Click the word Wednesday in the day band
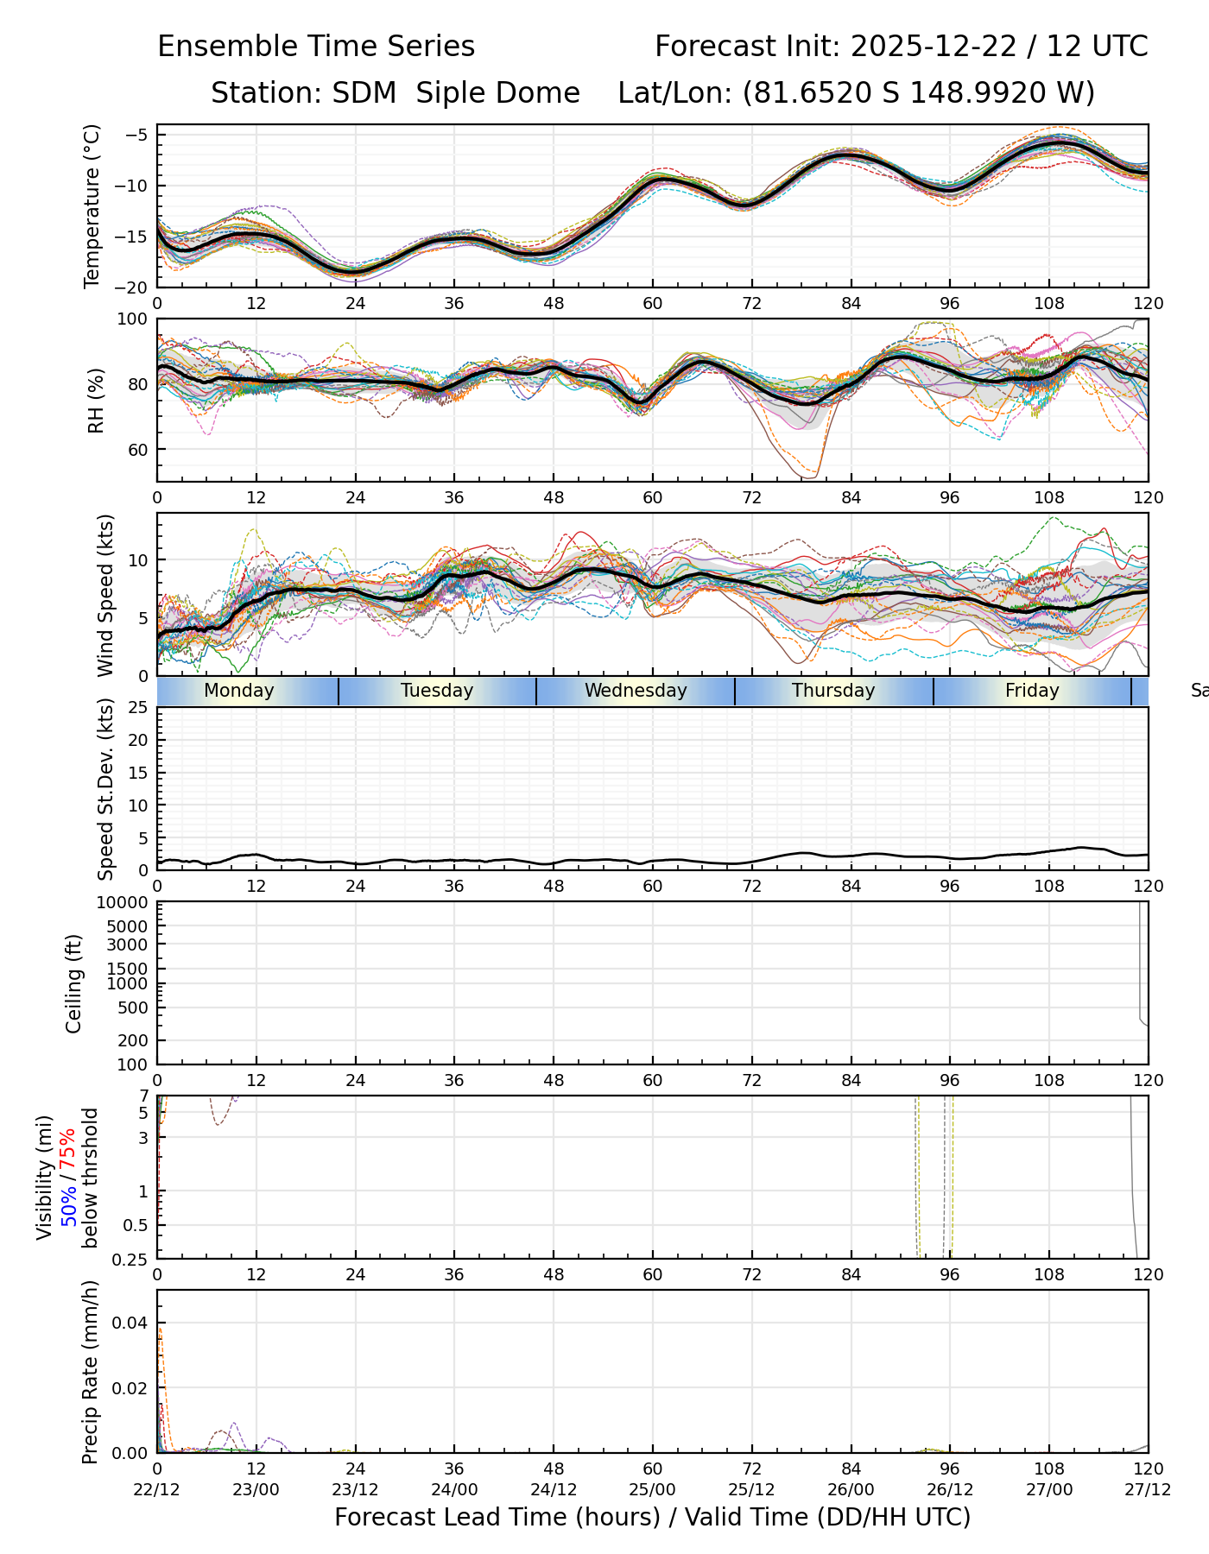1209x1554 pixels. tap(636, 691)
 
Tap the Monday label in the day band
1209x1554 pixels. tap(239, 691)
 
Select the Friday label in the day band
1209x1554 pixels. tap(1032, 691)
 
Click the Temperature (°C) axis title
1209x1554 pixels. tap(92, 206)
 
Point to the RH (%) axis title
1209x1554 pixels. tap(95, 400)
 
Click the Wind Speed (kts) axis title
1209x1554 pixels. tap(105, 595)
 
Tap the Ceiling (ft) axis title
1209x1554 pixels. tap(74, 983)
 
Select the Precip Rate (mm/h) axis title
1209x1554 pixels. tap(91, 1372)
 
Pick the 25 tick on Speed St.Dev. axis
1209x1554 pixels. tap(138, 708)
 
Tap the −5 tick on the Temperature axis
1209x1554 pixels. tap(138, 135)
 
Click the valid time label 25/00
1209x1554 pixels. tap(653, 1489)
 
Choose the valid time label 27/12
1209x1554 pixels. tap(1148, 1489)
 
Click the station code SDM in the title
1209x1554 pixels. tap(364, 92)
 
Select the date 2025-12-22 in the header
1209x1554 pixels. tap(934, 47)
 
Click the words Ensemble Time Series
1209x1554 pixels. tap(316, 47)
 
